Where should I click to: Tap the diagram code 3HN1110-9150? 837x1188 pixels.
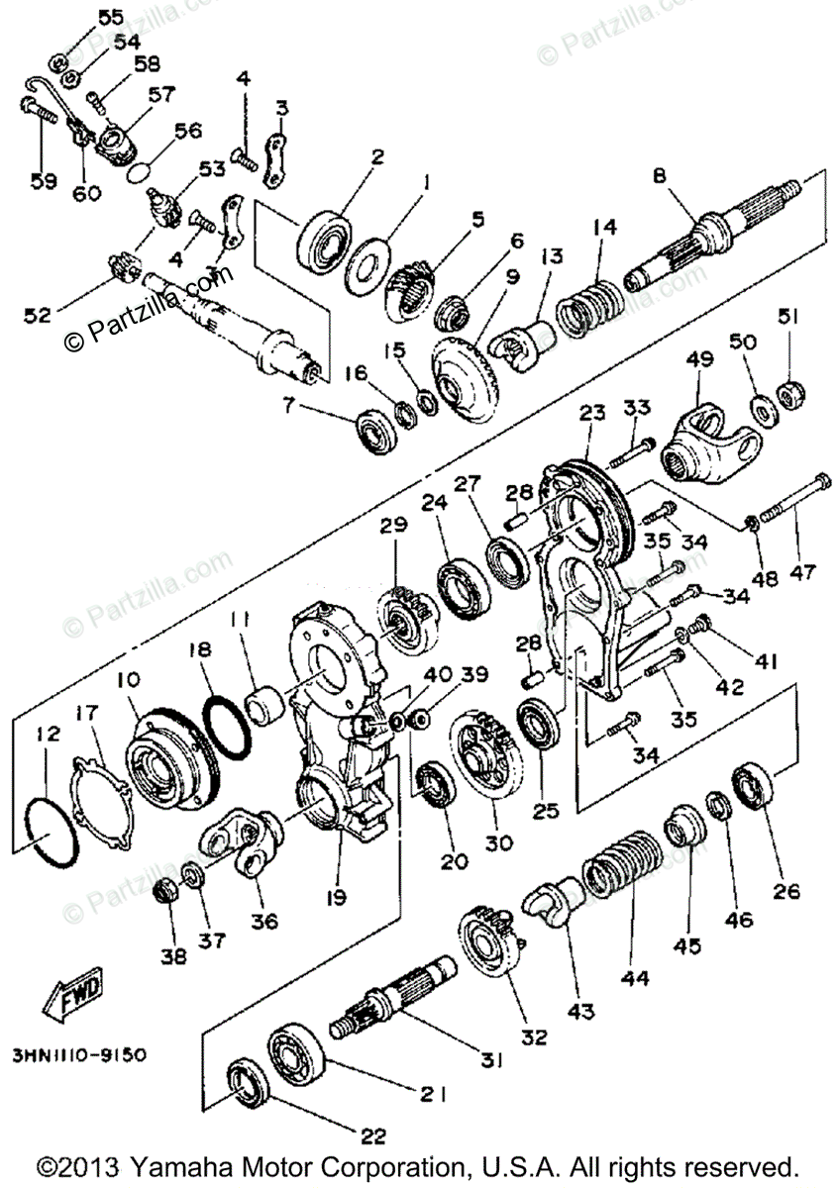80,1055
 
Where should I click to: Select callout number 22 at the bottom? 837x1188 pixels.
373,1137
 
